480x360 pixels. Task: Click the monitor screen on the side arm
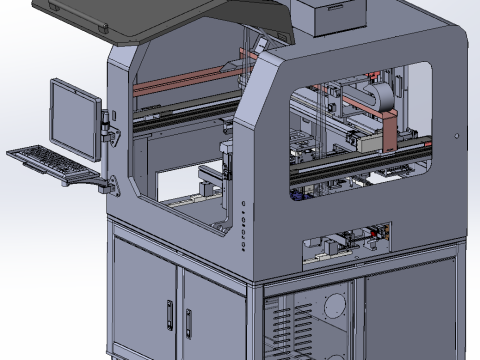point(75,114)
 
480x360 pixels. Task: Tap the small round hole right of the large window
point(456,134)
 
